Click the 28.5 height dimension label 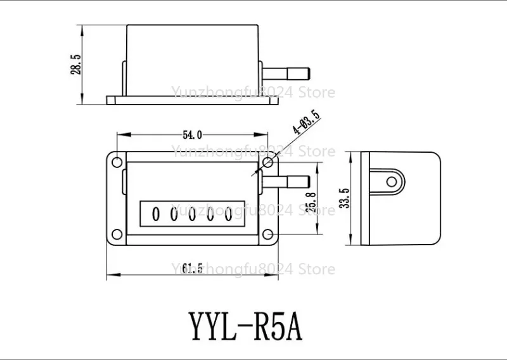coord(75,65)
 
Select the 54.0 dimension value coord(192,134)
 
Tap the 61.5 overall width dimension coord(192,268)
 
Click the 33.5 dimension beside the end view coord(345,198)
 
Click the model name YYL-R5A coord(245,326)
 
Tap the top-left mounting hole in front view coord(117,162)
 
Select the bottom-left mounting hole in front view coord(117,234)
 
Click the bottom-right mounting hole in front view coord(267,234)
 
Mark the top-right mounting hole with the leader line coord(267,162)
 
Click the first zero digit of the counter coord(155,214)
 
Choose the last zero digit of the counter coord(229,214)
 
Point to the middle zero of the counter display coord(192,214)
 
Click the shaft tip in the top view coord(309,73)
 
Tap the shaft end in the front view coord(309,182)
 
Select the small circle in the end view coord(391,182)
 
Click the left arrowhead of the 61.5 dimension coord(114,275)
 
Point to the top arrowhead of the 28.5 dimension coord(82,32)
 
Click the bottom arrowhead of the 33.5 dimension coord(351,238)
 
